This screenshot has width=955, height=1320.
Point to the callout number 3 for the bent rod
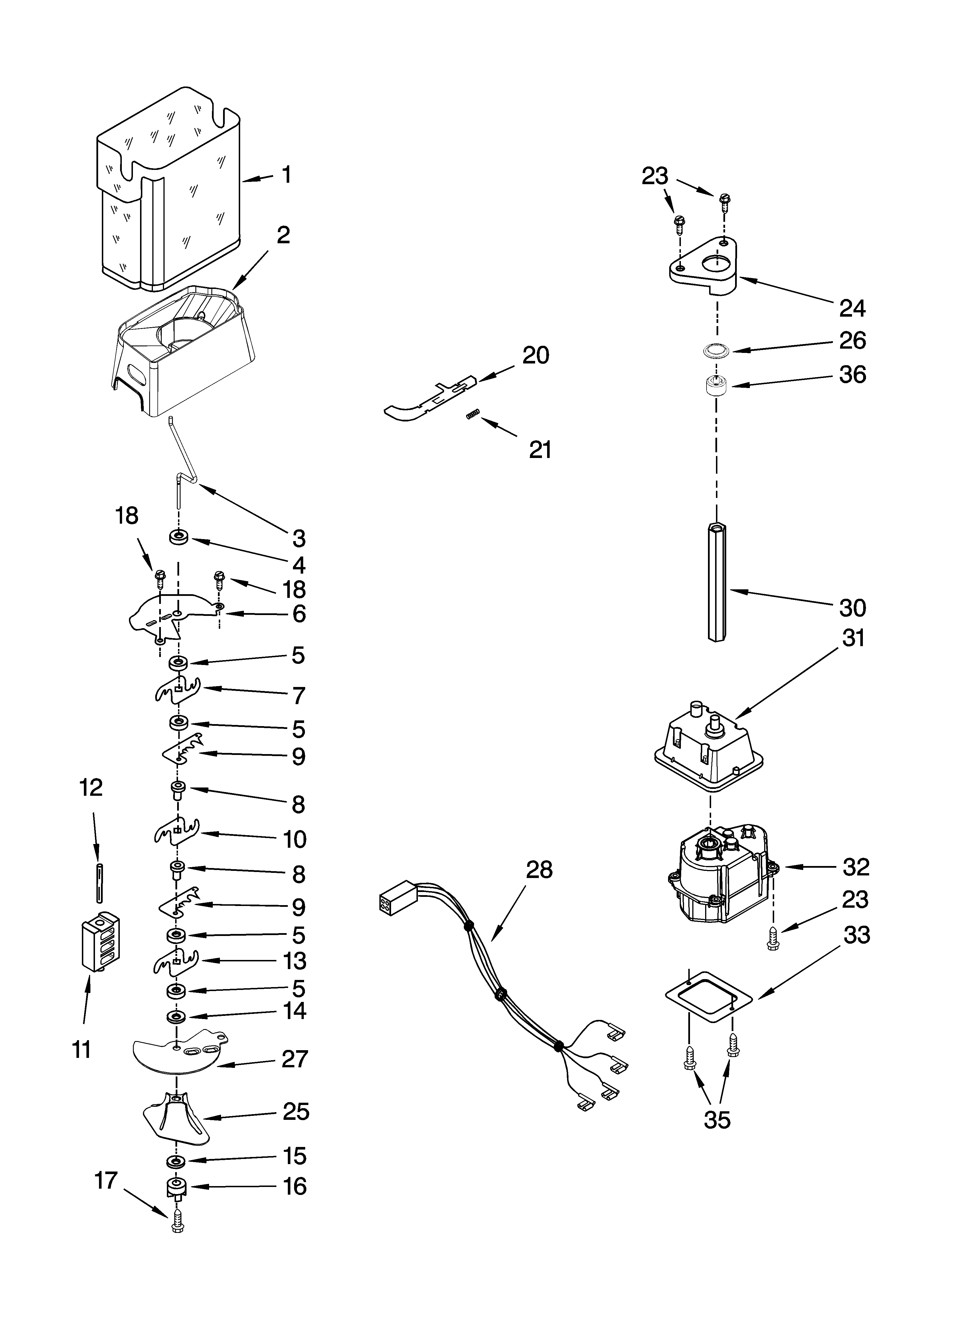click(298, 538)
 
